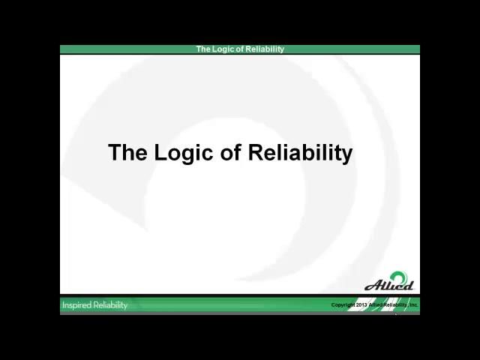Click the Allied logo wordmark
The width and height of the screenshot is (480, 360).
pyautogui.click(x=388, y=285)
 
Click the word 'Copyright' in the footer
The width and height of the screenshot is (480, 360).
pyautogui.click(x=343, y=305)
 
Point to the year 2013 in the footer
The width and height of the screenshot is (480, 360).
pyautogui.click(x=361, y=305)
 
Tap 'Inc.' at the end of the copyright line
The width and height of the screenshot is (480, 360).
pyautogui.click(x=413, y=305)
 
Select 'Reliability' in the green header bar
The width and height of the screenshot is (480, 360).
pyautogui.click(x=265, y=49)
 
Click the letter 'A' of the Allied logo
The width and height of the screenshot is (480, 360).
pyautogui.click(x=370, y=285)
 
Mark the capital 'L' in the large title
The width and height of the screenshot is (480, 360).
pyautogui.click(x=160, y=153)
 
